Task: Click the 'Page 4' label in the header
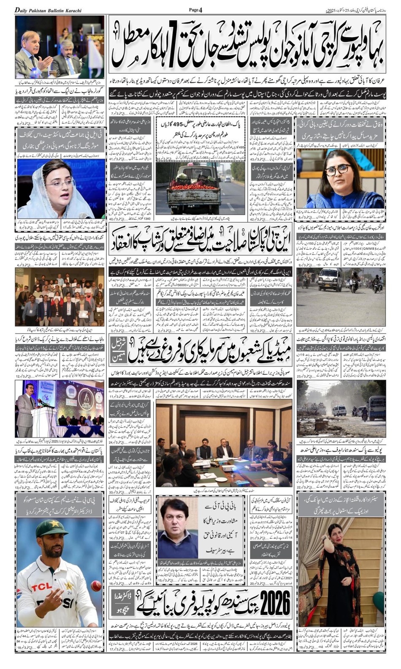[x=196, y=10]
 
